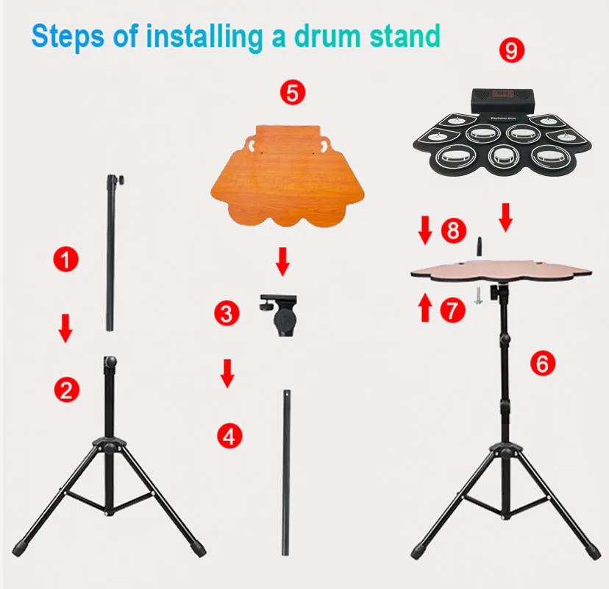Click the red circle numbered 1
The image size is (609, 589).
tap(66, 260)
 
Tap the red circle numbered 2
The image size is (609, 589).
tap(66, 388)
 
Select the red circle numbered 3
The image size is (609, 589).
tap(227, 314)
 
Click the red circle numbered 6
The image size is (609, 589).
tap(543, 363)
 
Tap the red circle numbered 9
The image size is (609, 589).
tap(510, 51)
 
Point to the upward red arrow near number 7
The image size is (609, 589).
tap(425, 307)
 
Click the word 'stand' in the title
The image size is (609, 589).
tap(400, 35)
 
